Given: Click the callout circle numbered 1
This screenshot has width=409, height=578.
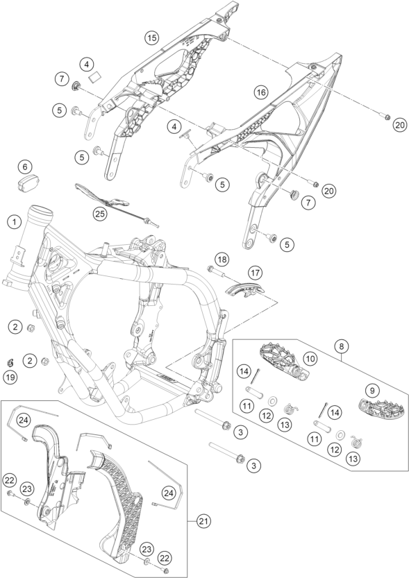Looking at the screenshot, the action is click(15, 222).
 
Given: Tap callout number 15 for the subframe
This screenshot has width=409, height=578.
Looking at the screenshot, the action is click(151, 37).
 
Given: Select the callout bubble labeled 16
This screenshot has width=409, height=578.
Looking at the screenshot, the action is click(261, 92).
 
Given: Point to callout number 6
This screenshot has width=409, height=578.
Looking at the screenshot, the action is click(25, 167).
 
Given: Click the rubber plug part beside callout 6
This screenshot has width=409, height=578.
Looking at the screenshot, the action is click(29, 184).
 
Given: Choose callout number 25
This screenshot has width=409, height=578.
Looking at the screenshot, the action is click(99, 214).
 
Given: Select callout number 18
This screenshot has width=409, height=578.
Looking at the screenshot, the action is click(222, 260).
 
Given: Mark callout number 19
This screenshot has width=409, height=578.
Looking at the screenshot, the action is click(11, 377).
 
